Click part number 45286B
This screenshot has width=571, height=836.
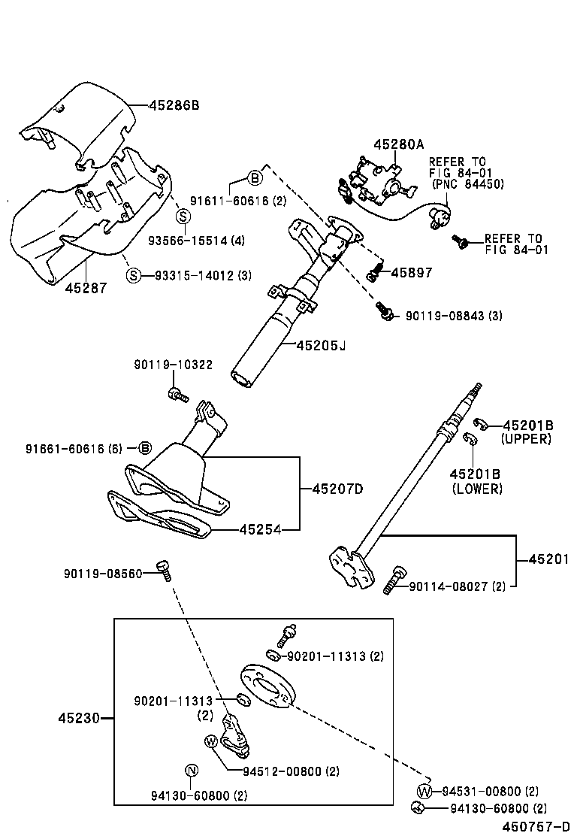pyautogui.click(x=170, y=105)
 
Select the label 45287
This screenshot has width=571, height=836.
pyautogui.click(x=86, y=287)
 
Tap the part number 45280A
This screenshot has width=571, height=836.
pyautogui.click(x=399, y=144)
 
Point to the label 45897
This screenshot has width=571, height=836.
pyautogui.click(x=411, y=273)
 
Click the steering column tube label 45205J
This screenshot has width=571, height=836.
pyautogui.click(x=321, y=345)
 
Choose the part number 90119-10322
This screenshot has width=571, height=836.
pyautogui.click(x=173, y=365)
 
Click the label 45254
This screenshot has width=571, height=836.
pyautogui.click(x=260, y=529)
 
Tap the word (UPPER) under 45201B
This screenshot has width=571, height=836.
pyautogui.click(x=526, y=438)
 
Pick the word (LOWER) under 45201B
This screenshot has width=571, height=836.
pyautogui.click(x=477, y=489)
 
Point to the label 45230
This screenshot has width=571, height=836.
pyautogui.click(x=79, y=718)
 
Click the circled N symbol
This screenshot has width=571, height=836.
pyautogui.click(x=191, y=769)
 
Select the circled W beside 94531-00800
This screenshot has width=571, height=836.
pyautogui.click(x=424, y=791)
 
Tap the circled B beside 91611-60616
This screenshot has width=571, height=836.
pyautogui.click(x=255, y=178)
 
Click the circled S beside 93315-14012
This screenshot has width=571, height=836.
pyautogui.click(x=133, y=274)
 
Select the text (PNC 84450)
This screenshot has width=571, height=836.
pyautogui.click(x=467, y=184)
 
